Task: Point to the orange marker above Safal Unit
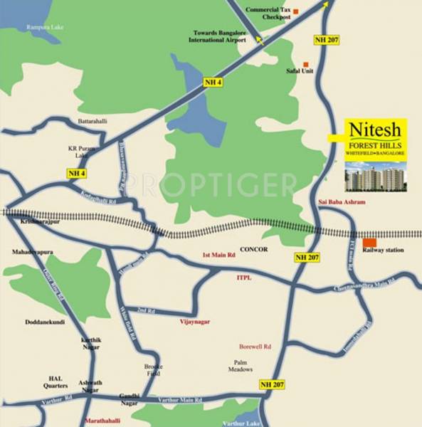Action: coord(306,64)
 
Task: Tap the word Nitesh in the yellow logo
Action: coord(376,131)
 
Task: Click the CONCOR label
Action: coord(254,250)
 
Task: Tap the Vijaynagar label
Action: coord(195,322)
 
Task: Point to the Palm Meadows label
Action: coord(240,365)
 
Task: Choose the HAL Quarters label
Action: coord(58,381)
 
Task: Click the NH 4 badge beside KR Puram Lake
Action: coord(77,174)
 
